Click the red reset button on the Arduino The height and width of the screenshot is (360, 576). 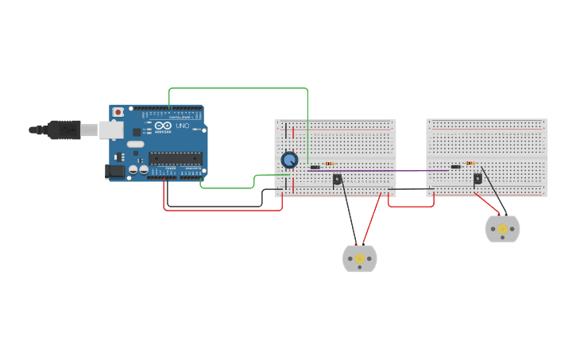coord(118,112)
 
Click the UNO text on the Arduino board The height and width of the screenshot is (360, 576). coord(181,126)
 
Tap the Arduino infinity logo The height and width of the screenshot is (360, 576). coord(163,126)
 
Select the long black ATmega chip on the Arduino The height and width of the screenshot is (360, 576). coord(176,158)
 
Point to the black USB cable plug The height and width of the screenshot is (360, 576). coord(64,130)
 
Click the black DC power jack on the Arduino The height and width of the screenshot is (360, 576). coord(115,171)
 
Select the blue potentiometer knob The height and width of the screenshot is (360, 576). coord(290,161)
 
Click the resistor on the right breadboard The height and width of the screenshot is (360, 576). coord(470,164)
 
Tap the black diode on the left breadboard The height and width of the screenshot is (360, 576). coord(315,168)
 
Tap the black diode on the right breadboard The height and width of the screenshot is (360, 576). coord(456,167)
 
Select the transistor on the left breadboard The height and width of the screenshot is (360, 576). coord(337,180)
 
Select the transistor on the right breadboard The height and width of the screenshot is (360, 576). coord(477,179)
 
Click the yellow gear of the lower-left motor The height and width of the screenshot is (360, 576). coord(359,259)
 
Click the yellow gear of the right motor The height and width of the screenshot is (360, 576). coord(502,229)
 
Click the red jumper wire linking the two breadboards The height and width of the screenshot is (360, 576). coord(411,206)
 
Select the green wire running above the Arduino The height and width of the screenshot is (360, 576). coord(238,88)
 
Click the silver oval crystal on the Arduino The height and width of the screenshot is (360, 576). coord(135,144)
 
